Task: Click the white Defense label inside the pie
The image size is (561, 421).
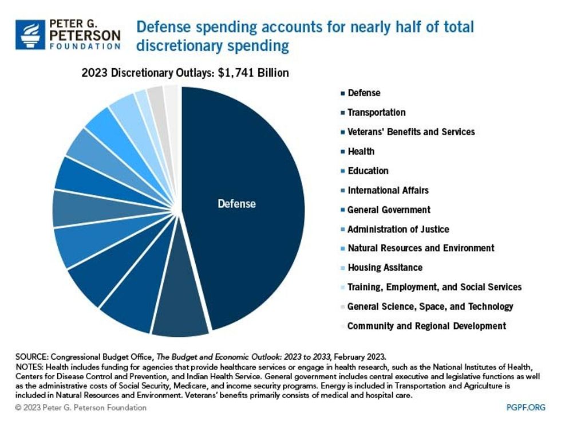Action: pyautogui.click(x=236, y=203)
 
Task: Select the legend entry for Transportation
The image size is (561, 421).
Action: pyautogui.click(x=376, y=112)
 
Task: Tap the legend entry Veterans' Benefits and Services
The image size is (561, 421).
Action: pyautogui.click(x=410, y=132)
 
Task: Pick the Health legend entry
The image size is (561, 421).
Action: pyautogui.click(x=361, y=151)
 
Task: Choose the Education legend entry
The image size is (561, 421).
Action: pyautogui.click(x=368, y=171)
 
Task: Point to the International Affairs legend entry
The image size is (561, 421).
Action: pyautogui.click(x=388, y=190)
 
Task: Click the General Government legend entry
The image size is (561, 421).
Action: pyautogui.click(x=389, y=210)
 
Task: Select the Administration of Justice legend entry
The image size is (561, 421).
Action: pyautogui.click(x=398, y=229)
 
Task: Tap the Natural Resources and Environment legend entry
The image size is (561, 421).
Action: pyautogui.click(x=420, y=248)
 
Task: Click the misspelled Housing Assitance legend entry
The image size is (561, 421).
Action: pyautogui.click(x=385, y=267)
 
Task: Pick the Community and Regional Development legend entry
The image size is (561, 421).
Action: pyautogui.click(x=426, y=326)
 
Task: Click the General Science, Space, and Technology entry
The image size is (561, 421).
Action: pyautogui.click(x=430, y=306)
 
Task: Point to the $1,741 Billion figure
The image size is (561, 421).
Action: pyautogui.click(x=254, y=73)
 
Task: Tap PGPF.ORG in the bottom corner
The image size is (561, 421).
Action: pyautogui.click(x=526, y=408)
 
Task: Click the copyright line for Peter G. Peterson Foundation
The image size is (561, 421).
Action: pyautogui.click(x=81, y=408)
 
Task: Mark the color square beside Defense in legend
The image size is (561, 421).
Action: pyautogui.click(x=342, y=93)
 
